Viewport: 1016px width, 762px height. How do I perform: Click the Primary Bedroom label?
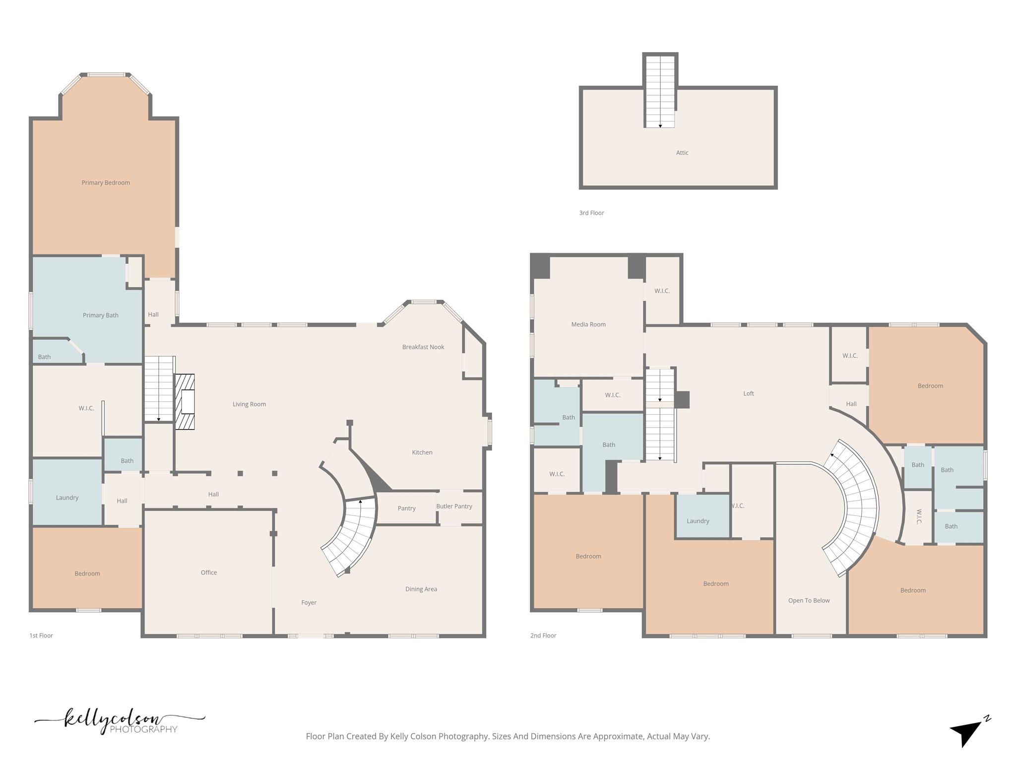click(106, 183)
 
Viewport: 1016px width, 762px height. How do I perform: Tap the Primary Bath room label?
click(101, 315)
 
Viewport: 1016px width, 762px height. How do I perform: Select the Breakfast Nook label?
click(423, 347)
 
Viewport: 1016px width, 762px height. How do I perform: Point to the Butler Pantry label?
click(454, 506)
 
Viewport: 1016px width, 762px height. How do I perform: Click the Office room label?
click(209, 572)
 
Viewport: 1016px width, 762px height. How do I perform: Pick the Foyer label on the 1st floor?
click(309, 602)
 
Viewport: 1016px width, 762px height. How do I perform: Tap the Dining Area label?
click(421, 589)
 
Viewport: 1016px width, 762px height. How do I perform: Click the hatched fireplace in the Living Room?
click(185, 401)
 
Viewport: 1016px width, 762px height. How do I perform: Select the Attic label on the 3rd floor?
click(682, 153)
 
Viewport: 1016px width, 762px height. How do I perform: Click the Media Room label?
click(588, 324)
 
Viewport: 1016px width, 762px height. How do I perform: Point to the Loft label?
click(749, 393)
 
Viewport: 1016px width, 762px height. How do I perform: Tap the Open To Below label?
click(809, 600)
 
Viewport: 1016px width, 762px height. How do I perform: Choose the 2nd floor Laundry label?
click(698, 521)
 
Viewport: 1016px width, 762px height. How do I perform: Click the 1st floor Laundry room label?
click(67, 498)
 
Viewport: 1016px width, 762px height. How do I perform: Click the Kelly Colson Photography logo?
click(119, 721)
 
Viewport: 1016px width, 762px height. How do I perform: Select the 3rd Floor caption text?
click(591, 213)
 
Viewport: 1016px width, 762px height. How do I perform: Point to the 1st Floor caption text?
click(41, 635)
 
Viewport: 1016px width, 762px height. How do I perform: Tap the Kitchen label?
click(422, 452)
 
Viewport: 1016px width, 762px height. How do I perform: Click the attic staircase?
click(660, 91)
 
